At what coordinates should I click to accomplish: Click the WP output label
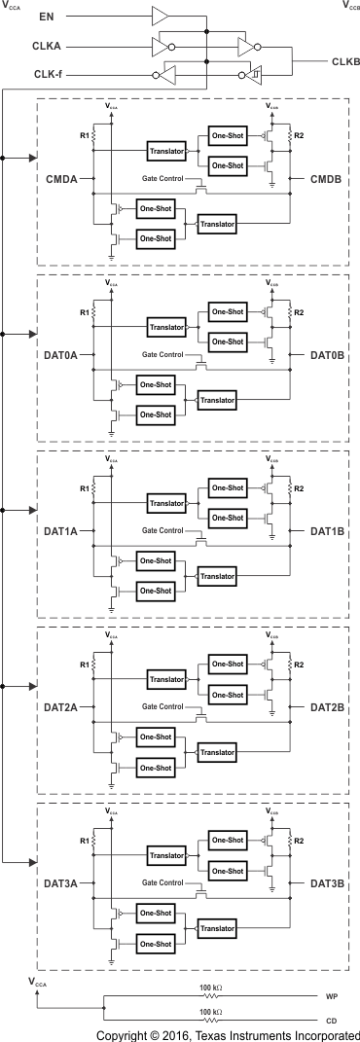pos(331,997)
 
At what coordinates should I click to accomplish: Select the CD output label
pos(331,1021)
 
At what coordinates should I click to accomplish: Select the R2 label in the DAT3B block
pos(299,838)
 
